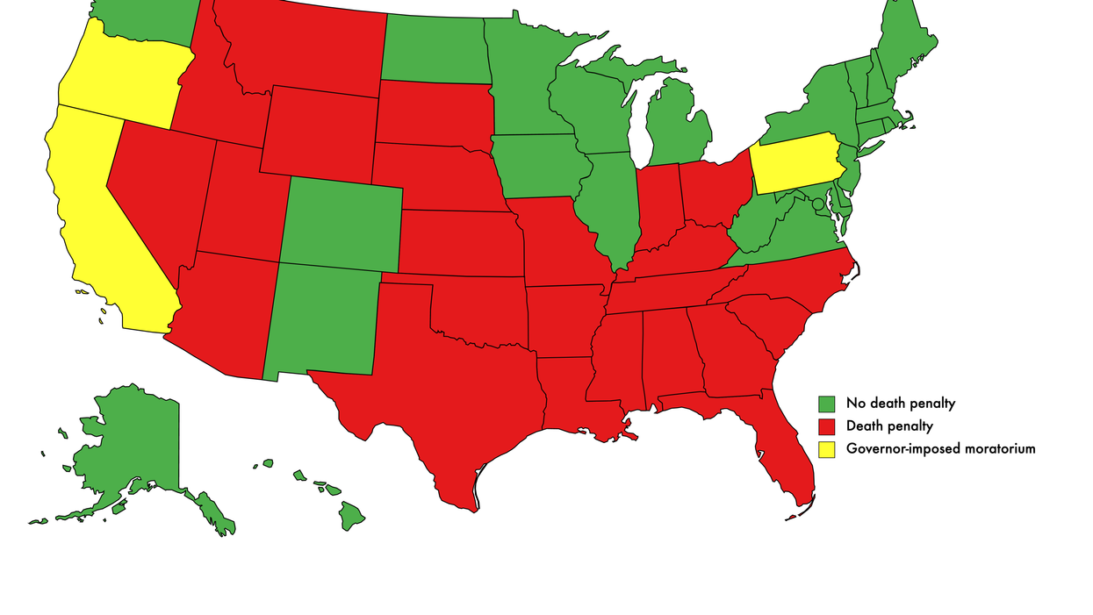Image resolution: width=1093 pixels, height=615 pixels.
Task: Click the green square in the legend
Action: pos(826,404)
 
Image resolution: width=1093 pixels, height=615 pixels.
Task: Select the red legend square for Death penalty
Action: pos(826,427)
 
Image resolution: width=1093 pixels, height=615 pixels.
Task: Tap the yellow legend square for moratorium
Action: pos(826,449)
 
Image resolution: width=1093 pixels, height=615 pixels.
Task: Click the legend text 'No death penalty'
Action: pos(900,404)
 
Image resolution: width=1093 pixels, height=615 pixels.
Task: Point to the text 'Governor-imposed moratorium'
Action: pos(940,448)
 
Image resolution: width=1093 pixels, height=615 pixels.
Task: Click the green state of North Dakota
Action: pos(435,48)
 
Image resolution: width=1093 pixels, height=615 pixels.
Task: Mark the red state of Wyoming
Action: pos(320,132)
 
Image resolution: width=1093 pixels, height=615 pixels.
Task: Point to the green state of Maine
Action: pos(904,44)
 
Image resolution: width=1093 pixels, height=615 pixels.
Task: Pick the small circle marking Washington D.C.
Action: pos(818,204)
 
